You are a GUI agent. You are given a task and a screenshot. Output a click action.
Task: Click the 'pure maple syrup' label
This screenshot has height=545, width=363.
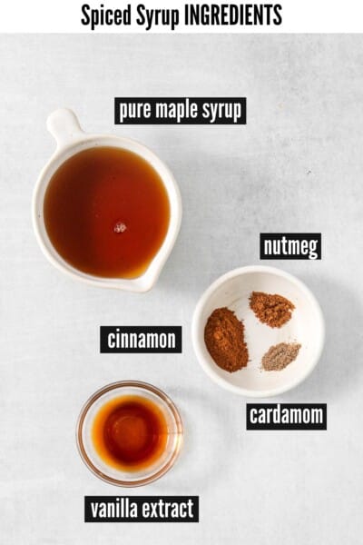(180, 111)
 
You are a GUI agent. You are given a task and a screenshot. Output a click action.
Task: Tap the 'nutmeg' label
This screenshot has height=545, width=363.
(290, 246)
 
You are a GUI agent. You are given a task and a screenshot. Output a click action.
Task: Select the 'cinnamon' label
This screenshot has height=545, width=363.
(141, 340)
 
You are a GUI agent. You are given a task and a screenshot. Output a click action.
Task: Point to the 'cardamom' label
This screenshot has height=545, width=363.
(286, 416)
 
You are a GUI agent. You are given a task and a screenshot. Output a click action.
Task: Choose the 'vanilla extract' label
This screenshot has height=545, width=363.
(142, 508)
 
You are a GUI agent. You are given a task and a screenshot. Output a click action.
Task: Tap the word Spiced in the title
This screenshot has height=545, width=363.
(106, 15)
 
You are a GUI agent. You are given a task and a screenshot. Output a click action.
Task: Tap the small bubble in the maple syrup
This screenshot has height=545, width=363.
(120, 227)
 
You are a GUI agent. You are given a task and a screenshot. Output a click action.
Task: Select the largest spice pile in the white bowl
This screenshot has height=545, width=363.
(225, 339)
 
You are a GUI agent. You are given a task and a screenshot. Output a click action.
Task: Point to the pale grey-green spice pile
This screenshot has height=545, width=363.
(280, 355)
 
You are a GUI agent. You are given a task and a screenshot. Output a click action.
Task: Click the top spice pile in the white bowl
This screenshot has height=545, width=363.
(271, 309)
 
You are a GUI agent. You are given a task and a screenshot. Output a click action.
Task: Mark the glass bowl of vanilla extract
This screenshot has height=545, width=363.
(130, 433)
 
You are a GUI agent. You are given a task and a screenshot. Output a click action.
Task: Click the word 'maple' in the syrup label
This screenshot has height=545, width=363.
(180, 111)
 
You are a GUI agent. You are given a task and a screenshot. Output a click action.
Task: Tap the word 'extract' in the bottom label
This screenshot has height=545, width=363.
(170, 508)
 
